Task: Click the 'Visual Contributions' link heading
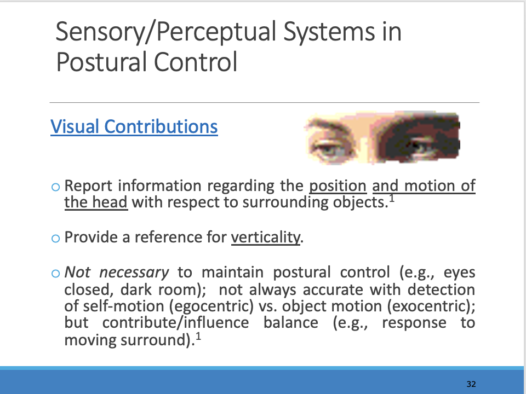[x=134, y=126]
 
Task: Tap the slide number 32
[x=471, y=384]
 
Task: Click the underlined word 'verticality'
[x=266, y=238]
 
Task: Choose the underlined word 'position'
[x=338, y=186]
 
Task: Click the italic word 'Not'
[x=76, y=273]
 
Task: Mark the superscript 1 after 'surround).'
[x=198, y=335]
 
